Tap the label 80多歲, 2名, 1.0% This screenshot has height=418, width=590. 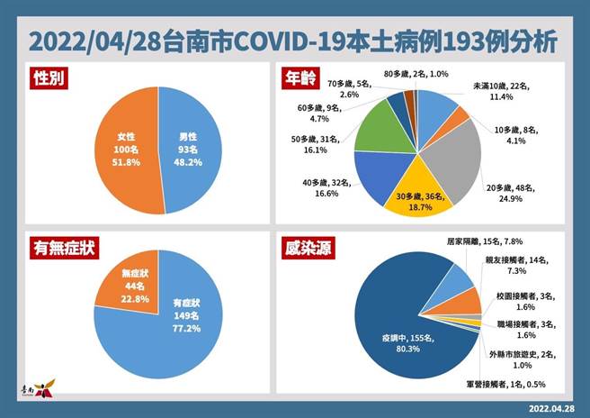tap(410, 73)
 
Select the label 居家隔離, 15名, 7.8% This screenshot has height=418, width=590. tap(485, 242)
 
